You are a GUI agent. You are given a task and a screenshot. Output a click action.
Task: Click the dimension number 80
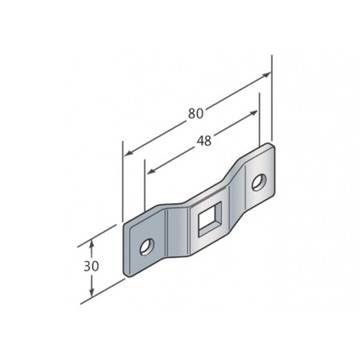[x=196, y=113]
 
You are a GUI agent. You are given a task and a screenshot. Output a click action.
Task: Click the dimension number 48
[x=204, y=141]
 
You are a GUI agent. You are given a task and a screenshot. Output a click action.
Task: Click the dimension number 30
[x=91, y=266]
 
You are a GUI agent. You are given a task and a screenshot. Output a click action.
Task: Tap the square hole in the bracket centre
[x=210, y=219]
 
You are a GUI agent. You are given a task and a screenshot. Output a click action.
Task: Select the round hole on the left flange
[x=147, y=247]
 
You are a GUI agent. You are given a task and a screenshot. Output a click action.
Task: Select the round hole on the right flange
[x=259, y=182]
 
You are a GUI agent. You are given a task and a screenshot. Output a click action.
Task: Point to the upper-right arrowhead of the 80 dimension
[x=267, y=74]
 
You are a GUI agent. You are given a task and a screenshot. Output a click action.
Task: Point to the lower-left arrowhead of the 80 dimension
[x=128, y=153]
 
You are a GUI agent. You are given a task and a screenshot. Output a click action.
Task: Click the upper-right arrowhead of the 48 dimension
[x=253, y=113]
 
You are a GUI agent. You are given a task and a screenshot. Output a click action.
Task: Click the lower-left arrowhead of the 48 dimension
[x=151, y=171]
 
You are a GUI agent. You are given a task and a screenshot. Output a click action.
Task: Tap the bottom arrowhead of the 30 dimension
[x=92, y=292]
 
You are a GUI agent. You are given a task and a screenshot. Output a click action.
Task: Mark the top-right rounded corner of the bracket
[x=271, y=146]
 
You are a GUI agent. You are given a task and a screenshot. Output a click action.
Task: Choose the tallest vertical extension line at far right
[x=272, y=98]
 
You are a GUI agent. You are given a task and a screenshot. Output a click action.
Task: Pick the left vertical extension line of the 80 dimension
[x=123, y=181]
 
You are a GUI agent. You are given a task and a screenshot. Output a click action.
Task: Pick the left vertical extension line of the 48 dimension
[x=145, y=185]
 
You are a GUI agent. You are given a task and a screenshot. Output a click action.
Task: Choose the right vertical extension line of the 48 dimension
[x=259, y=119]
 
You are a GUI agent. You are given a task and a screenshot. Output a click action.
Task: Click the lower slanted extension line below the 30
[x=103, y=292]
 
